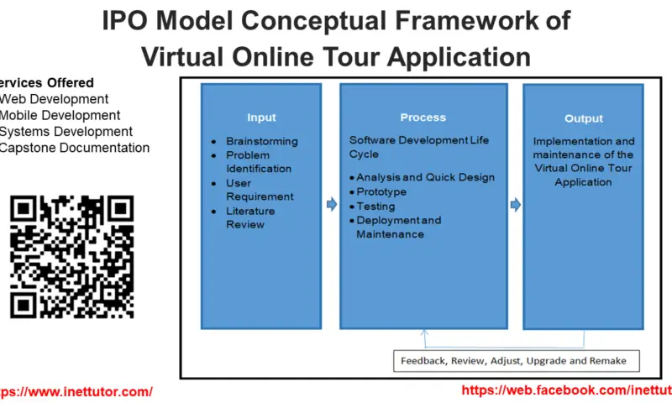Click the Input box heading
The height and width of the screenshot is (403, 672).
(x=261, y=118)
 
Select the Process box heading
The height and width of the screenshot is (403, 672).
(x=423, y=118)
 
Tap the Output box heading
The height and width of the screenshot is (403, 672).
(x=583, y=118)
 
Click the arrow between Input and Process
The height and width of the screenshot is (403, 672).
(x=331, y=204)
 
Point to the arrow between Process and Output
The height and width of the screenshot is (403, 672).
(x=515, y=204)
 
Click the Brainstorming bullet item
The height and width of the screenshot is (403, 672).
(x=261, y=141)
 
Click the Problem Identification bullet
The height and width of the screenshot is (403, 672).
(x=259, y=162)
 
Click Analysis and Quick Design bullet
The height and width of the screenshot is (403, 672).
(x=425, y=177)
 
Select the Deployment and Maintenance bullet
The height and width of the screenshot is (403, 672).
(x=398, y=227)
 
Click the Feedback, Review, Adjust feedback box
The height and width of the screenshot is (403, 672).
(x=513, y=361)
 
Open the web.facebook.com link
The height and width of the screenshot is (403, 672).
(x=566, y=390)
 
